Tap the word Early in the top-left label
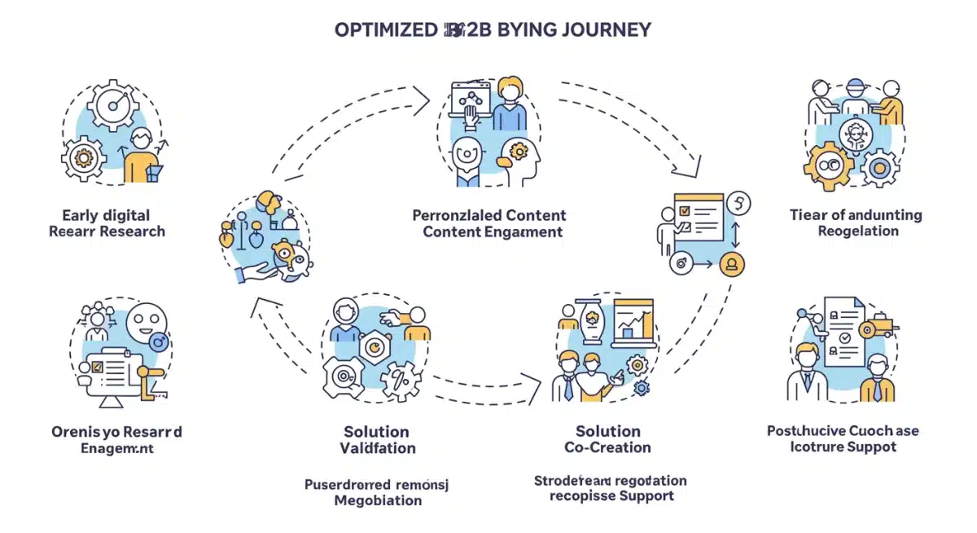[81, 215]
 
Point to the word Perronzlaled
[456, 216]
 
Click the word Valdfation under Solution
[377, 447]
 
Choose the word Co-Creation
[607, 447]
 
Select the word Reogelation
[858, 231]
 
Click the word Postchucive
[806, 430]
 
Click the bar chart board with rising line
[635, 324]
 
